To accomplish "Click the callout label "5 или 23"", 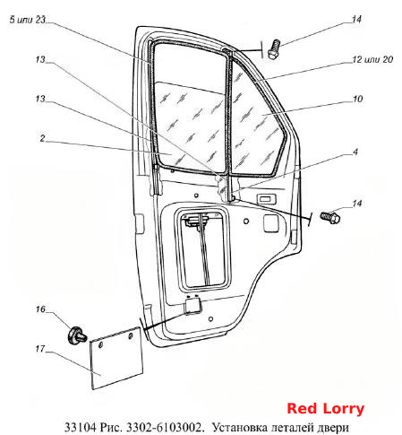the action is (x=27, y=20).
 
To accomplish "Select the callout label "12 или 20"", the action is (x=372, y=59).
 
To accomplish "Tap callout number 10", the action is (x=357, y=99).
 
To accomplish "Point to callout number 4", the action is (x=355, y=152).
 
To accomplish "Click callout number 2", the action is (x=42, y=138).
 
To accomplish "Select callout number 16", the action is (x=40, y=309).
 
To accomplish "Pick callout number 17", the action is (x=40, y=349).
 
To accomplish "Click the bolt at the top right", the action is (x=274, y=49).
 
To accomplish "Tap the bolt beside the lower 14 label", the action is (x=330, y=217).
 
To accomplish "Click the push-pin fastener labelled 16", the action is (x=77, y=335).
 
